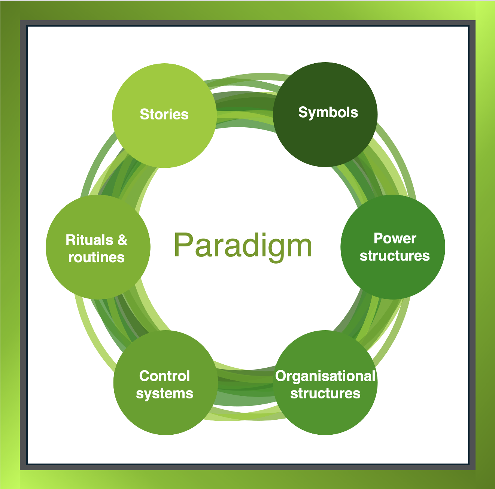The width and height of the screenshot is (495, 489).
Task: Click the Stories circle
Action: click(x=164, y=115)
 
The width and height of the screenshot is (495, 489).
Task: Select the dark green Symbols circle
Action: click(x=325, y=114)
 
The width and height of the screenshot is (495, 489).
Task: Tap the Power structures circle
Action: click(x=393, y=247)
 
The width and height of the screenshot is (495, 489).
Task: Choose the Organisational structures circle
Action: click(x=325, y=383)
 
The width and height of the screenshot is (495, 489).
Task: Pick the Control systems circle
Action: click(x=165, y=383)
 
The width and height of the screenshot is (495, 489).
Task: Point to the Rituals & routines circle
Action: click(x=98, y=247)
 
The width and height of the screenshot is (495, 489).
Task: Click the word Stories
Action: click(x=164, y=114)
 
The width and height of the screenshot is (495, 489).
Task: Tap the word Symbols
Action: click(x=328, y=113)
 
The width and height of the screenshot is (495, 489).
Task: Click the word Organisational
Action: click(x=325, y=376)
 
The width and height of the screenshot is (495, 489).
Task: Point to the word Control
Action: click(x=164, y=376)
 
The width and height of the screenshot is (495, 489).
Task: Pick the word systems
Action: click(x=164, y=394)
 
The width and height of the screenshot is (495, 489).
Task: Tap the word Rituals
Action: click(x=89, y=240)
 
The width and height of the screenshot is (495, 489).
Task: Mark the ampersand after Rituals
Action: click(x=122, y=240)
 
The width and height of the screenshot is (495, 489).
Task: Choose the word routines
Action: click(x=96, y=257)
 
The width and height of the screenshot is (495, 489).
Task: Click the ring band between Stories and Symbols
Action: click(x=245, y=108)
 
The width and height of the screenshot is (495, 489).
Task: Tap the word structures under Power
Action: click(x=395, y=256)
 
